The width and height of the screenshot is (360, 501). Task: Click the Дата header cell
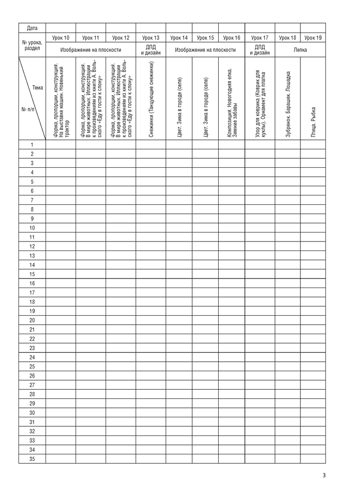(32, 28)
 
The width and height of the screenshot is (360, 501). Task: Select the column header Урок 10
(61, 38)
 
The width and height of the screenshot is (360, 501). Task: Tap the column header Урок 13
(151, 38)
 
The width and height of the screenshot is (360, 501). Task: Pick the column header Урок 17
(260, 38)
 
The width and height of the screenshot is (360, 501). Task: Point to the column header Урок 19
(313, 38)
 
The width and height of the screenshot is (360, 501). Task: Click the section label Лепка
(300, 50)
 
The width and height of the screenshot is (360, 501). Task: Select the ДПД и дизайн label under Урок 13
(151, 50)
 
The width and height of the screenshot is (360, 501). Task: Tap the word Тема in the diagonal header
(38, 88)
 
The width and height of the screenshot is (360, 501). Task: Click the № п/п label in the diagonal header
(28, 109)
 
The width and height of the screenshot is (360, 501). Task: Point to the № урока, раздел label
(32, 46)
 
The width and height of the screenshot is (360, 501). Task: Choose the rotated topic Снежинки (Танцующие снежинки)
(151, 99)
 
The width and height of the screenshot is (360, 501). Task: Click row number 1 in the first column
(32, 145)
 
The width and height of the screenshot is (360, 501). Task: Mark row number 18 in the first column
(32, 302)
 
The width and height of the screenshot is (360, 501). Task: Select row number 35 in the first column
(32, 458)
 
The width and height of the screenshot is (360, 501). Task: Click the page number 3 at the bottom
(323, 475)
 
